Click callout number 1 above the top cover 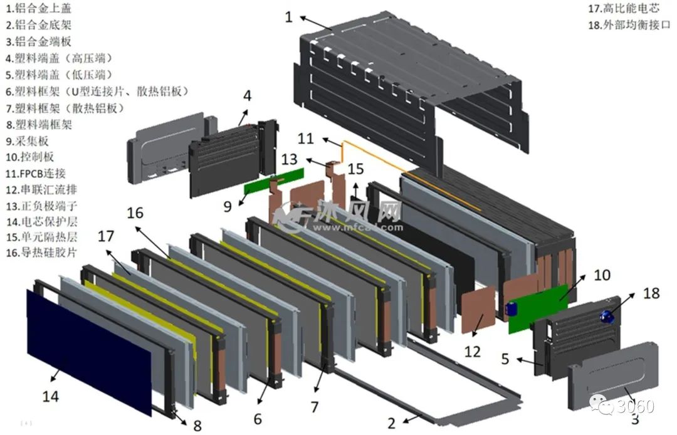pyautogui.click(x=288, y=16)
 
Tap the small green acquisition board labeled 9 pyautogui.click(x=273, y=181)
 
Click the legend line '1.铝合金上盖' pyautogui.click(x=38, y=9)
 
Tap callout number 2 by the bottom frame pyautogui.click(x=392, y=423)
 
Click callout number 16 pyautogui.click(x=135, y=212)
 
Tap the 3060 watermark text pyautogui.click(x=636, y=406)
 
